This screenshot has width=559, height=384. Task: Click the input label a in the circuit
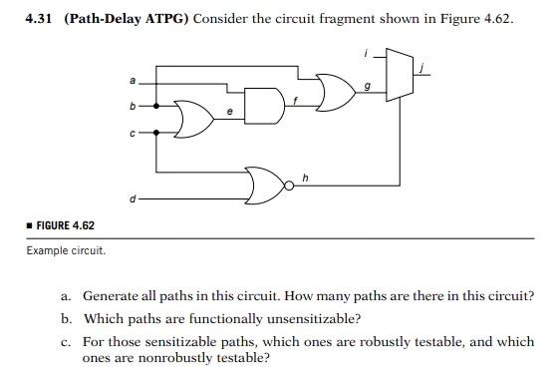[x=132, y=79]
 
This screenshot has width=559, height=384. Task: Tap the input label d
[x=132, y=198]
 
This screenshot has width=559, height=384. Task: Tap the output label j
[x=422, y=67]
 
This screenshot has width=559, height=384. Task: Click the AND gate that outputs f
[x=263, y=104]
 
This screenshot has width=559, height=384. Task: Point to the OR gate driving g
[x=336, y=90]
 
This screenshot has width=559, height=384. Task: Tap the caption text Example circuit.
[x=66, y=249]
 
